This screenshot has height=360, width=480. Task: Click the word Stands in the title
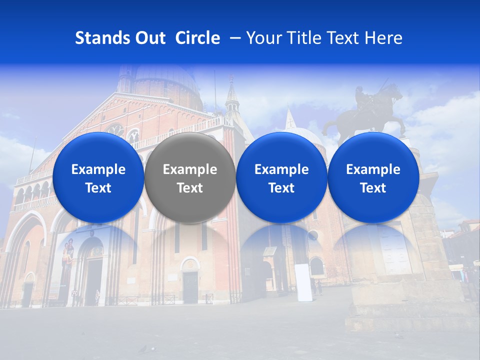coord(101,38)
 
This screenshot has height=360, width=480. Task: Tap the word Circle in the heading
coord(197,38)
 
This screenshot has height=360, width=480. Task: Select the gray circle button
coord(190,177)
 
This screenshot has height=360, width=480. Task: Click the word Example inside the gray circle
coord(190,169)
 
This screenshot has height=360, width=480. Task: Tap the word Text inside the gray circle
coord(190,188)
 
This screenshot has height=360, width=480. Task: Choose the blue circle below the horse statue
coord(373,177)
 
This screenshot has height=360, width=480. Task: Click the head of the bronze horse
coord(394,92)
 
